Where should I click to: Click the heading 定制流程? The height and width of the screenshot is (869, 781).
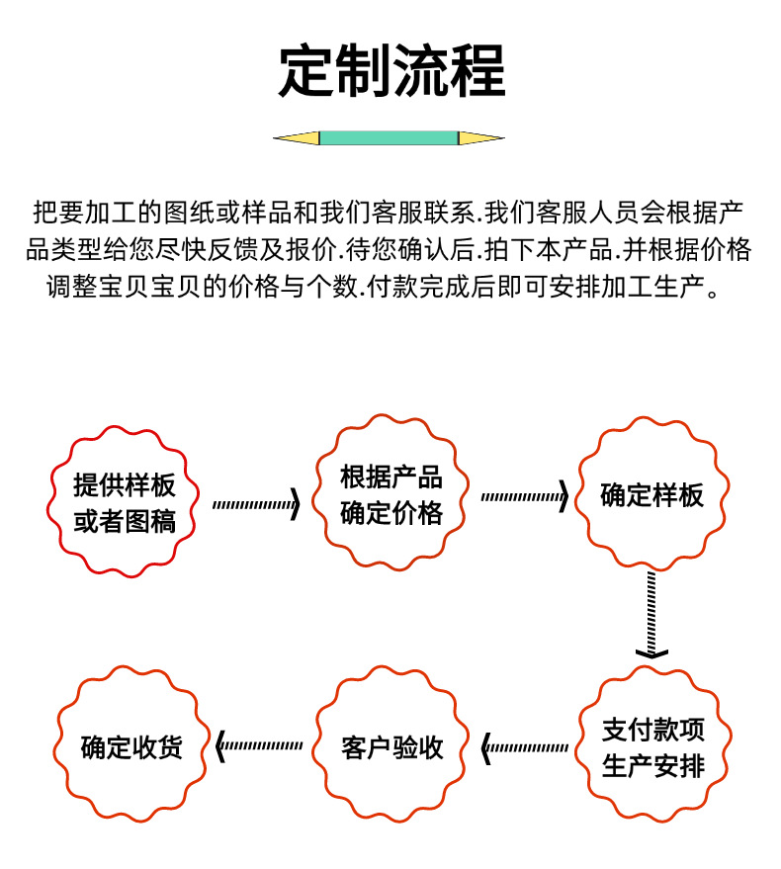[x=390, y=71]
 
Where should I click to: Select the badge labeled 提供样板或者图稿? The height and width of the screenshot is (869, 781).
[x=125, y=501]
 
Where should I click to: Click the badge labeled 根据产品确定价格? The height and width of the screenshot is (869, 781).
[x=390, y=494]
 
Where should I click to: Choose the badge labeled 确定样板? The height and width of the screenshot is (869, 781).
[x=652, y=494]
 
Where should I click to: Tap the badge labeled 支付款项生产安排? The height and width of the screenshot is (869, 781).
[x=652, y=747]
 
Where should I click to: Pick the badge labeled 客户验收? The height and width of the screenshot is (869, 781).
[x=391, y=747]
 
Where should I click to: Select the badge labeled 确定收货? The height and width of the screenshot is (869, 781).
[x=131, y=747]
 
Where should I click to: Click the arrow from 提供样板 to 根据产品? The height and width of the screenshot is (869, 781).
[x=256, y=504]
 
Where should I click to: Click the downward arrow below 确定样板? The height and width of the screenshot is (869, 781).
[x=651, y=613]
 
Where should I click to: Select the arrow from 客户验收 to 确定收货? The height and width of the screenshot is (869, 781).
[x=260, y=745]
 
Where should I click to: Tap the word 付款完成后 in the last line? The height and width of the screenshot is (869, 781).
[x=419, y=288]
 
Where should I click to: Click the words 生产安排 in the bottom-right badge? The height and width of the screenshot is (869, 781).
[x=652, y=766]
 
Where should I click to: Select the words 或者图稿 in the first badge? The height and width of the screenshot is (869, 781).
[x=125, y=521]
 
